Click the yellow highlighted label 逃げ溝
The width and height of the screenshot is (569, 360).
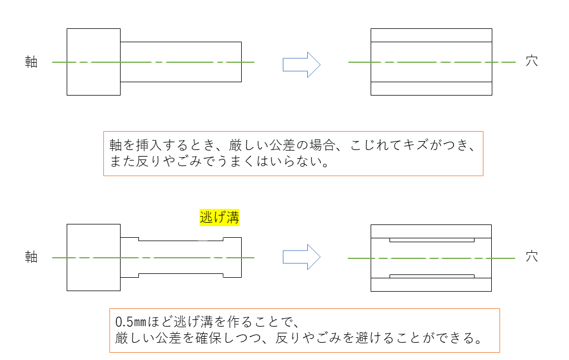click(x=219, y=217)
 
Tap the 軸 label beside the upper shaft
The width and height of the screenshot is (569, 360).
click(x=31, y=62)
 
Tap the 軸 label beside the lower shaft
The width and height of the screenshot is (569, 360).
click(x=31, y=257)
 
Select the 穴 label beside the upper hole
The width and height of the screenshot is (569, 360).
click(x=532, y=61)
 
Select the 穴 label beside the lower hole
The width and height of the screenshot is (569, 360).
click(x=532, y=257)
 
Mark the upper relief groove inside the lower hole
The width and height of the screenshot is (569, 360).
click(x=432, y=240)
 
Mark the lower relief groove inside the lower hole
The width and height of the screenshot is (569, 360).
click(x=432, y=276)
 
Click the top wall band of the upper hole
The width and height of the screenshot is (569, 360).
click(x=431, y=35)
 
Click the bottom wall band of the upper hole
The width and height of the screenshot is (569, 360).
click(x=431, y=88)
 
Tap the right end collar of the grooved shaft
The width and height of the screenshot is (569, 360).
click(x=232, y=257)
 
